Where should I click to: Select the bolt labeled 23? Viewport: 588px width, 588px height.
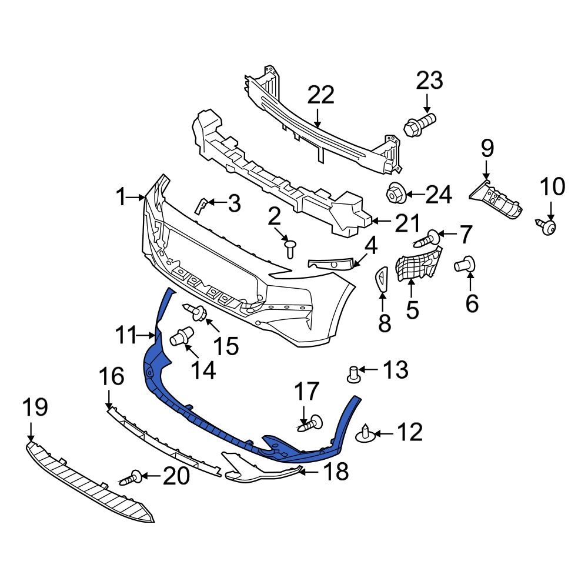click(419, 124)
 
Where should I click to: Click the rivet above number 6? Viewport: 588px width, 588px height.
click(465, 265)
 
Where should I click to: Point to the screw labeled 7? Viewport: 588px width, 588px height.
click(427, 239)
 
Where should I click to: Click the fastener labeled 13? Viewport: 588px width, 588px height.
click(354, 373)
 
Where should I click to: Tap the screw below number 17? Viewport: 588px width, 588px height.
click(311, 423)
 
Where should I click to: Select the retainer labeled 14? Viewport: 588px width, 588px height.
click(182, 337)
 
